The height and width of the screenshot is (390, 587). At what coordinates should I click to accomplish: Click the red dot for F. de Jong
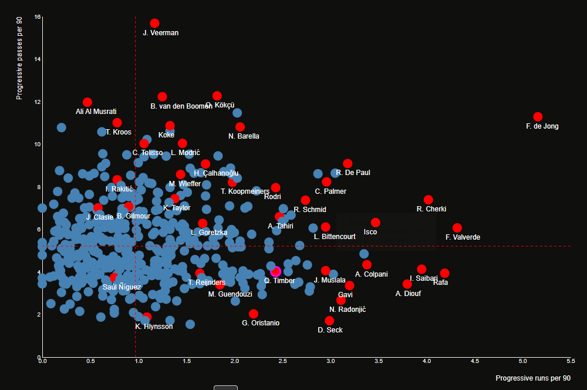click(x=538, y=117)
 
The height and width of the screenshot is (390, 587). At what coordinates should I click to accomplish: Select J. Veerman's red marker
click(x=154, y=23)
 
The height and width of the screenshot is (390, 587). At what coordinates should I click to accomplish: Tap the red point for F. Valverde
click(x=457, y=228)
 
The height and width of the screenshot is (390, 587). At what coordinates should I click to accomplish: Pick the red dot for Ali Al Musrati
click(x=87, y=102)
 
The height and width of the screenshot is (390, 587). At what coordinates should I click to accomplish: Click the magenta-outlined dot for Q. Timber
click(x=276, y=271)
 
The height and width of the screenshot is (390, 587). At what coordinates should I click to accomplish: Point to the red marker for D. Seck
click(x=329, y=321)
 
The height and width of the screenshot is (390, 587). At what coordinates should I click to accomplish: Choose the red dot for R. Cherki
click(x=428, y=200)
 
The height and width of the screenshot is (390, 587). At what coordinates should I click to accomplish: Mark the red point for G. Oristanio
click(x=254, y=314)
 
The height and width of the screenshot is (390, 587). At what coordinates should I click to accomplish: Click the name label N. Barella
click(x=244, y=136)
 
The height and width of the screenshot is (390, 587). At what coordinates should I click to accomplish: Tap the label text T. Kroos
click(x=119, y=132)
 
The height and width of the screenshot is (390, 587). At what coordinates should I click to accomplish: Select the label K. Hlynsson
click(x=154, y=327)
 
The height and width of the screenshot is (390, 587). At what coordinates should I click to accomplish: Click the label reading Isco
click(x=370, y=232)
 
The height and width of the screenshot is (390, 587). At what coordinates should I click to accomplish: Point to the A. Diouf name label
click(x=408, y=294)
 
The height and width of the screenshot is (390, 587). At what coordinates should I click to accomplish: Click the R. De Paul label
click(x=353, y=173)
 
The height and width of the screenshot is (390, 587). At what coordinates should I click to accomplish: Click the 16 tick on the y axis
click(x=38, y=17)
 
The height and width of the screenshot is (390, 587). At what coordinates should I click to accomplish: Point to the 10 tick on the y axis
click(x=38, y=144)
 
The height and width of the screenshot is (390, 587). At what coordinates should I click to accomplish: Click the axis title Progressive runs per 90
click(x=533, y=378)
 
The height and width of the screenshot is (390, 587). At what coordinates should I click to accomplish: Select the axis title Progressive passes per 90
click(x=19, y=58)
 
